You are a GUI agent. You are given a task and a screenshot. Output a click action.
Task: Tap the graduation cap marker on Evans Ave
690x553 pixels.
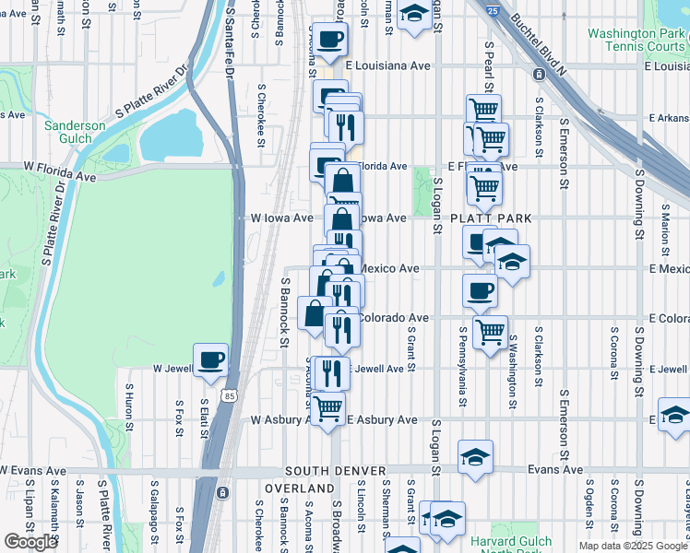[475, 457]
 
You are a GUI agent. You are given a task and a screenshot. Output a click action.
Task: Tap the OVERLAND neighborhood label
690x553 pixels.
[300, 488]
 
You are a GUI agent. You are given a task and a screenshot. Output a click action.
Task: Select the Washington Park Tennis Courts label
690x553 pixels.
[636, 40]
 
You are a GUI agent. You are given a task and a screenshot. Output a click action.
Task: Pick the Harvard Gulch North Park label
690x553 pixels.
[510, 547]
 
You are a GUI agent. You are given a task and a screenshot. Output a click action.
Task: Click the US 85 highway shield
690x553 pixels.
[228, 395]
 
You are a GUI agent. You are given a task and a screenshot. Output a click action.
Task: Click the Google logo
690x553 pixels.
[30, 542]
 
